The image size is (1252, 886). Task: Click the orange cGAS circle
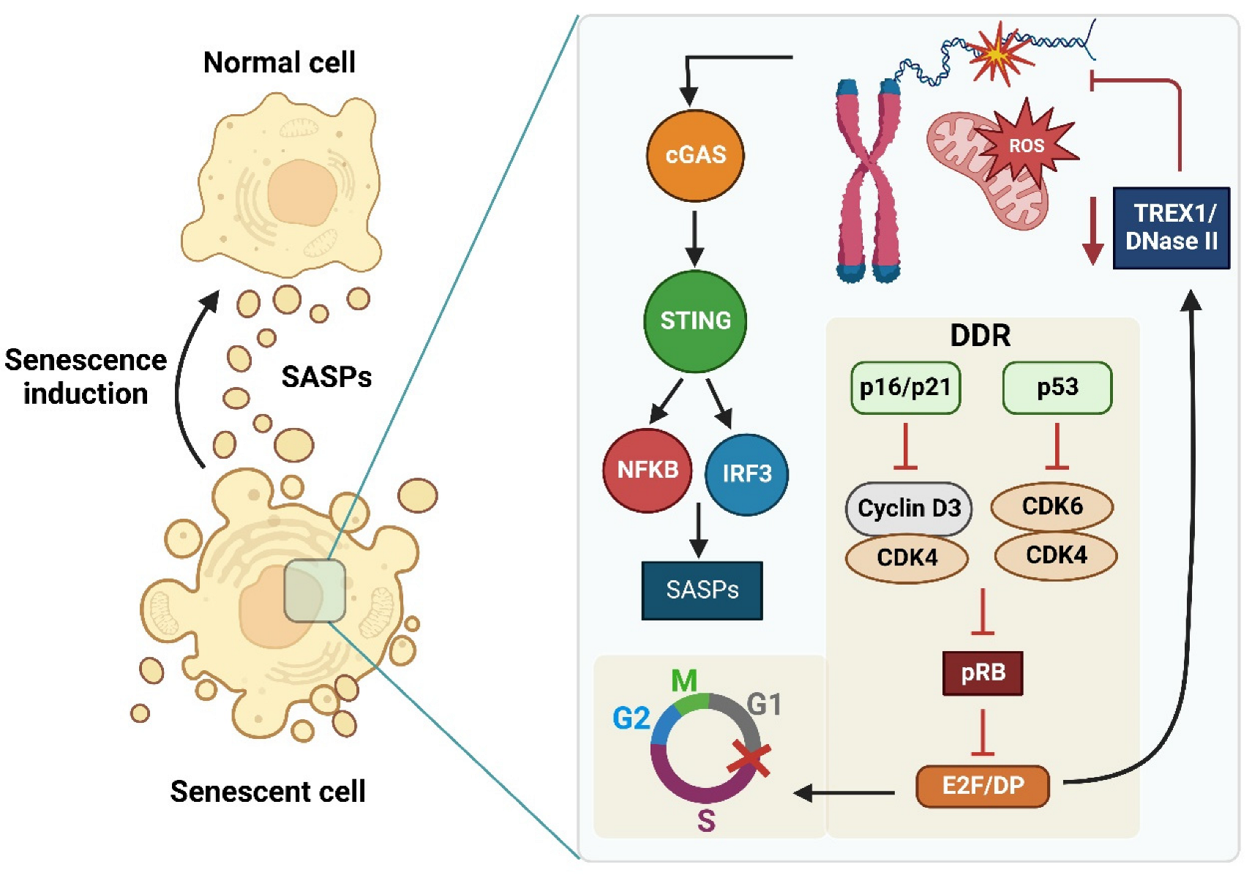pyautogui.click(x=694, y=155)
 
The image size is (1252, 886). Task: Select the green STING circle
pyautogui.click(x=694, y=320)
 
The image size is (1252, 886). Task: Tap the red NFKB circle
pyautogui.click(x=647, y=470)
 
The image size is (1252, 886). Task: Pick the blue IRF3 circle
pyautogui.click(x=746, y=474)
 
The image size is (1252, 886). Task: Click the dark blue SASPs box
pyautogui.click(x=702, y=590)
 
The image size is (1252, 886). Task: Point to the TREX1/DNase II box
pyautogui.click(x=1170, y=228)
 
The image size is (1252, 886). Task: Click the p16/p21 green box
pyautogui.click(x=905, y=387)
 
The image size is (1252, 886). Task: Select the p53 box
pyautogui.click(x=1057, y=387)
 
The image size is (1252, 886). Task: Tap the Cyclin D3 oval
pyautogui.click(x=908, y=508)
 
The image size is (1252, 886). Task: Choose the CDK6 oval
pyautogui.click(x=1052, y=506)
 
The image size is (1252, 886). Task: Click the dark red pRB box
pyautogui.click(x=982, y=672)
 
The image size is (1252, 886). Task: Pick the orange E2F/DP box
pyautogui.click(x=982, y=786)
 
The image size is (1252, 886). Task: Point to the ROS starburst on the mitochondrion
pyautogui.click(x=1026, y=146)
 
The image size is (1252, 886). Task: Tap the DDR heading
pyautogui.click(x=980, y=336)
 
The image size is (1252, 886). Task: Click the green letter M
pyautogui.click(x=684, y=681)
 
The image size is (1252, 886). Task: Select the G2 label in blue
pyautogui.click(x=631, y=718)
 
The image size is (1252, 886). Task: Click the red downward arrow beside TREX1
pyautogui.click(x=1092, y=230)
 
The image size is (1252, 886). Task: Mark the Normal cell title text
pyautogui.click(x=279, y=63)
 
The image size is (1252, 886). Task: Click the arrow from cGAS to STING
pyautogui.click(x=694, y=238)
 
